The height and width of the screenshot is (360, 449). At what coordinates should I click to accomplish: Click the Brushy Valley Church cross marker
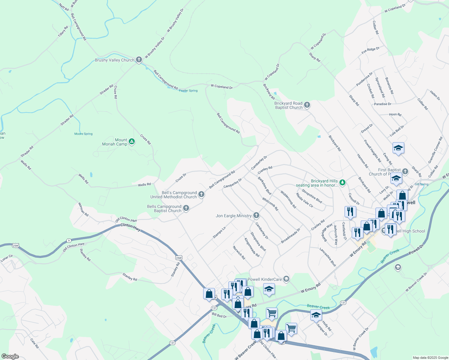click(139, 60)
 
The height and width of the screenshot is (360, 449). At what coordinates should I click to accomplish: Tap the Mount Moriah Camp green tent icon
click(131, 141)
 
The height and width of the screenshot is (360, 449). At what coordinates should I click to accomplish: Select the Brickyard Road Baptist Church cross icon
click(307, 105)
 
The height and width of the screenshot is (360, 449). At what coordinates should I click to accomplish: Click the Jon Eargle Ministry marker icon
click(256, 215)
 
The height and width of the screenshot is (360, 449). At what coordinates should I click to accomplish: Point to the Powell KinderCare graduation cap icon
click(286, 279)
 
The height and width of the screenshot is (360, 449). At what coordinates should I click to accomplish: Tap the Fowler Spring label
click(188, 91)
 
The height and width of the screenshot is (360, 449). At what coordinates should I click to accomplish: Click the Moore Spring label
click(83, 134)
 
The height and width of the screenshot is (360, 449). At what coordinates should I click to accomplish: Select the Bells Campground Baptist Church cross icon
click(186, 208)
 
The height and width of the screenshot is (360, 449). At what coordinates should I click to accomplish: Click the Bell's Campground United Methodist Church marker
click(201, 194)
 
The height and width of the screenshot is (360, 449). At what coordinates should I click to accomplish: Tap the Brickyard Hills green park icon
click(342, 182)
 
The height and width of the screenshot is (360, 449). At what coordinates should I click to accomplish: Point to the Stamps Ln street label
click(219, 232)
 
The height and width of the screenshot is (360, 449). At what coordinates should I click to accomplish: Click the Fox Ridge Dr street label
click(370, 50)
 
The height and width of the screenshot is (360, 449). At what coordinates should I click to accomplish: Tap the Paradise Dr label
click(383, 104)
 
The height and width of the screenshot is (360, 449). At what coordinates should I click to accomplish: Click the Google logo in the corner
click(10, 356)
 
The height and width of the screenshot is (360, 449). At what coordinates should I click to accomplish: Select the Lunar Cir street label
click(7, 258)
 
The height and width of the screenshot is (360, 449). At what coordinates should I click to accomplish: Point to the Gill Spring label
click(421, 184)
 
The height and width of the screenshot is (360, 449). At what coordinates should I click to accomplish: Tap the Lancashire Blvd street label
click(328, 257)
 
